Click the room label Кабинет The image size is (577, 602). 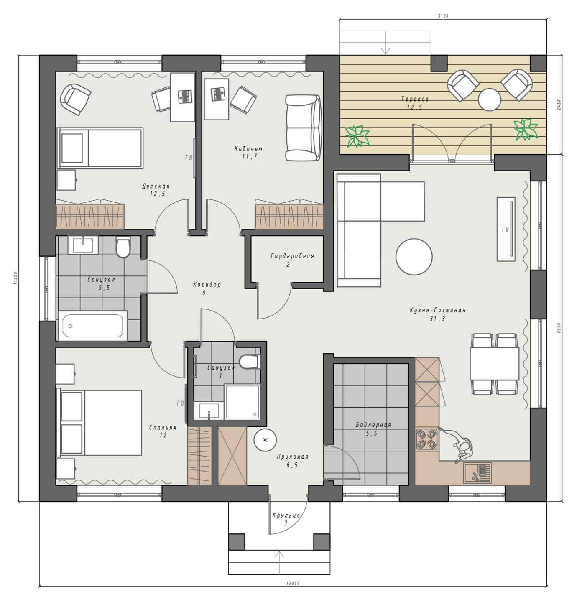point(248,149)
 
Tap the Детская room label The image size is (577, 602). point(156,186)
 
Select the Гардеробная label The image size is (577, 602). point(292,256)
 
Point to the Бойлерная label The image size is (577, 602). point(373,425)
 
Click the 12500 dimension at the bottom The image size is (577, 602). point(293,583)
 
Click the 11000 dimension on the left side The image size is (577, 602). point(16,278)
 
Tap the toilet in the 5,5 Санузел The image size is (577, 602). point(123,247)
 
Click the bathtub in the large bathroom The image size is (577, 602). point(93,326)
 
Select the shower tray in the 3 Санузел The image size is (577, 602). point(242,402)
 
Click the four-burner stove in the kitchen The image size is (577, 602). point(426,439)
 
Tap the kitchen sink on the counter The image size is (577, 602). point(477,473)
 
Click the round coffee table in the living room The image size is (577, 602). point(414,256)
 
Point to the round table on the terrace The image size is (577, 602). point(489,99)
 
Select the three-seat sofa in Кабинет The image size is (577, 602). point(303,128)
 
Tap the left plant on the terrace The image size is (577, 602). point(357,136)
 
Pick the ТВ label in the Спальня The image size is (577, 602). point(180,403)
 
